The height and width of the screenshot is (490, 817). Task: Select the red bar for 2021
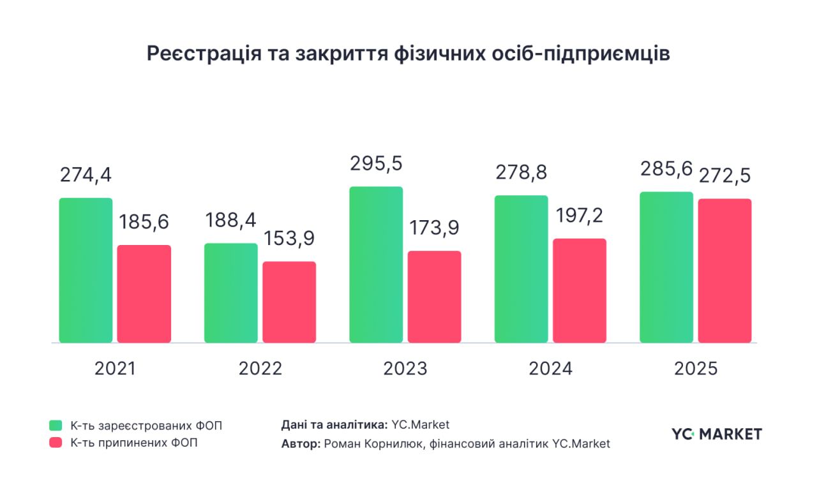click(x=144, y=293)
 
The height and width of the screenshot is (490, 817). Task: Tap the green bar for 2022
click(x=231, y=293)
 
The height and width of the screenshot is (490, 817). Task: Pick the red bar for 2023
click(x=434, y=297)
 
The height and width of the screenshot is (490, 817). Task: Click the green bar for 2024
click(x=521, y=269)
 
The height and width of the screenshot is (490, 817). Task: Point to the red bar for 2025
click(x=724, y=271)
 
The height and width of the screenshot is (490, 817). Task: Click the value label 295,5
click(x=376, y=163)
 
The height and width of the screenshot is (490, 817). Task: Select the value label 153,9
click(x=289, y=238)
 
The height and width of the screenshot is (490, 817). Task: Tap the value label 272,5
click(x=724, y=175)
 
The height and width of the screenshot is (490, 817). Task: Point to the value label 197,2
click(x=579, y=216)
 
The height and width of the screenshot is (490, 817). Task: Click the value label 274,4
click(x=86, y=175)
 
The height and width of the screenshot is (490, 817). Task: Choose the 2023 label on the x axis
click(x=405, y=369)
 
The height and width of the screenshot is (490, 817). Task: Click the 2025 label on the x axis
click(x=696, y=369)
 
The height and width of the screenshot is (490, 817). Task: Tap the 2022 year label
click(x=260, y=369)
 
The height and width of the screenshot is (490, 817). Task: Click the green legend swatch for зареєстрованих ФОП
click(x=56, y=426)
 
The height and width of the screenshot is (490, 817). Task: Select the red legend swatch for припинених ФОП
click(x=56, y=443)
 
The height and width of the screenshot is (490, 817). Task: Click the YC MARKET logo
click(x=716, y=434)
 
